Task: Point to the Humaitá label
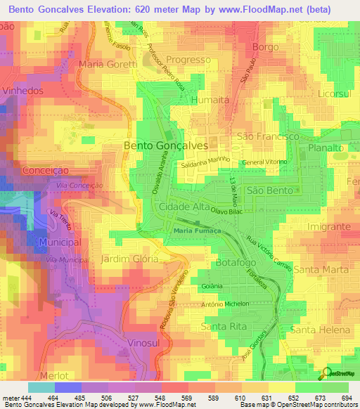click(210, 100)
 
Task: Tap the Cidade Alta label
click(185, 207)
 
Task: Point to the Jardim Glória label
click(130, 259)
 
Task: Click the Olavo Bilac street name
click(227, 211)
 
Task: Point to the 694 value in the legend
click(346, 398)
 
